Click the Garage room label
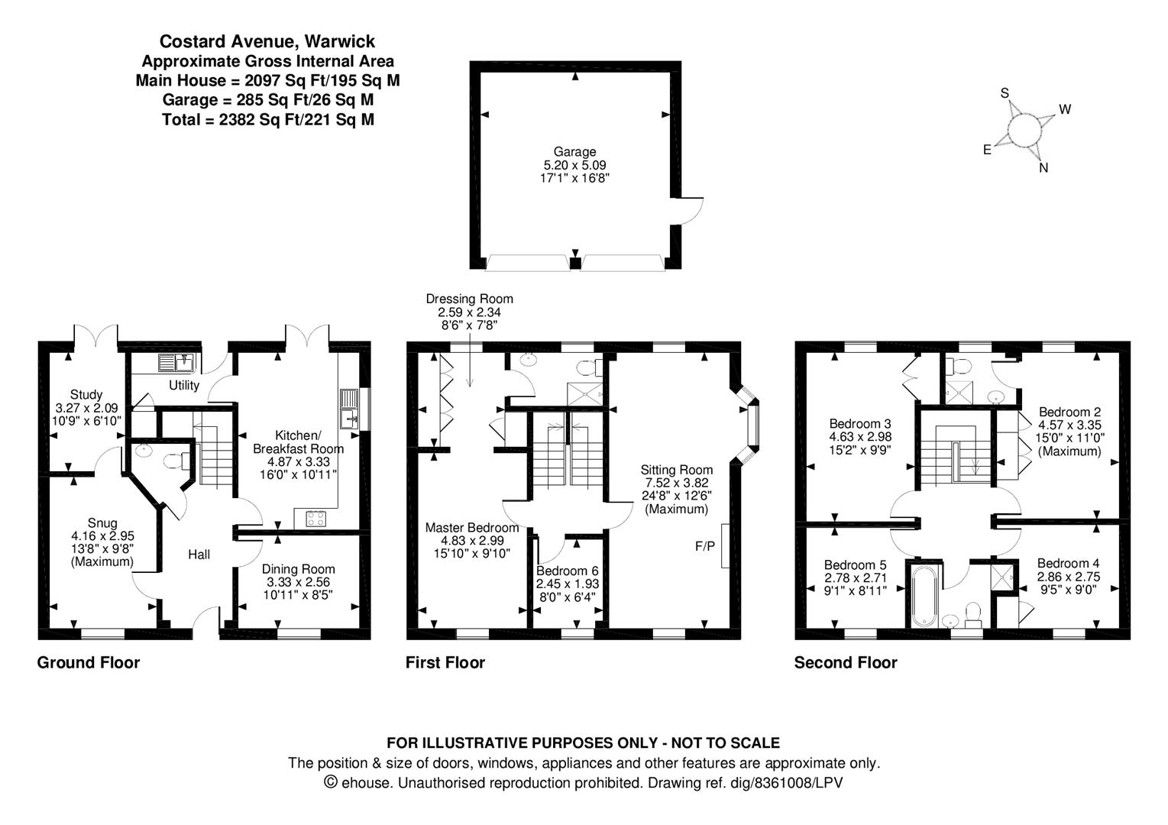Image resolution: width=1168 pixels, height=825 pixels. (574, 152)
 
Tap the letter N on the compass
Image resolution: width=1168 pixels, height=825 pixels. (1043, 168)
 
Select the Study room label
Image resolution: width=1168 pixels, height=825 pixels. (86, 395)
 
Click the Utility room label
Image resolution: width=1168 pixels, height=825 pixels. (184, 386)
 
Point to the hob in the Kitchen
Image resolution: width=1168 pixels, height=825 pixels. (315, 519)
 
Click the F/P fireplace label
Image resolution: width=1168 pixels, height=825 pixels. (705, 546)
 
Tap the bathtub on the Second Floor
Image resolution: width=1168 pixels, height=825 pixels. (924, 596)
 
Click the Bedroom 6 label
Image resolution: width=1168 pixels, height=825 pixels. (568, 571)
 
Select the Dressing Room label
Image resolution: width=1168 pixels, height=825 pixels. (469, 299)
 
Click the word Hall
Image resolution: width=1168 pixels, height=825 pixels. (199, 555)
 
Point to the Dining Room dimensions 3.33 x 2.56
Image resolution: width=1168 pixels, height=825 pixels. (298, 582)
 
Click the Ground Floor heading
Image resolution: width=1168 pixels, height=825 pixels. (89, 663)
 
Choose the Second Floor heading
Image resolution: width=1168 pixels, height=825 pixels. (846, 663)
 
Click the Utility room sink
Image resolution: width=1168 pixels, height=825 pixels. (177, 363)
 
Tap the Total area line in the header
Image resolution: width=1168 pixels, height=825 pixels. (268, 120)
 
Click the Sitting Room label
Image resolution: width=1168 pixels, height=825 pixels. (677, 470)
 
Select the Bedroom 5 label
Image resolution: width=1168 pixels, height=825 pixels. (855, 565)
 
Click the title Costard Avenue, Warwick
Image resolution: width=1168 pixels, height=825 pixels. (267, 41)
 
